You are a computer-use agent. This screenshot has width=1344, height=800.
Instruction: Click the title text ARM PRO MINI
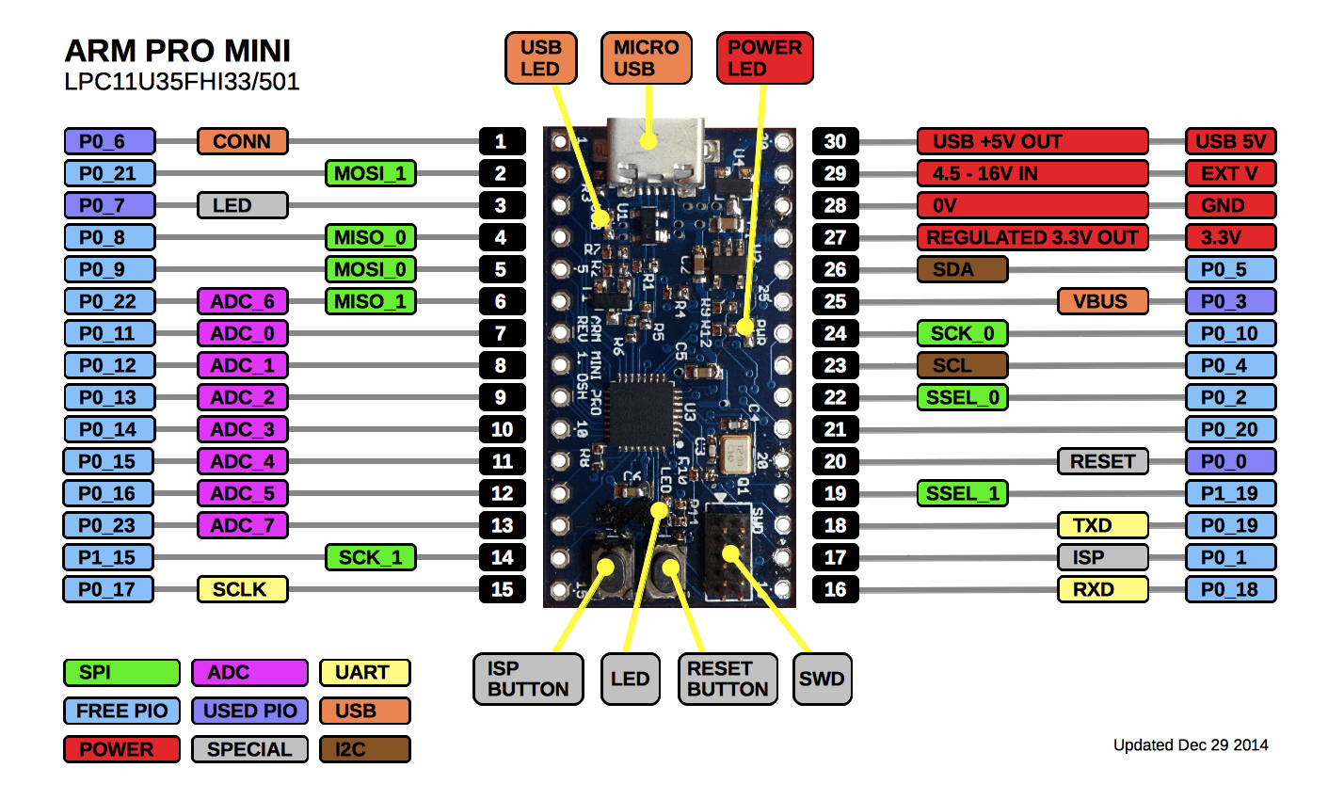pyautogui.click(x=177, y=51)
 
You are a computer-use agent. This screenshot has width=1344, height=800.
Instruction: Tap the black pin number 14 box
pyautogui.click(x=502, y=557)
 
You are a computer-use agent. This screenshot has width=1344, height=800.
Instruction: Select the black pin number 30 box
pyautogui.click(x=835, y=141)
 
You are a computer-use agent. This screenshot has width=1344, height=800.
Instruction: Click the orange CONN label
pyautogui.click(x=242, y=141)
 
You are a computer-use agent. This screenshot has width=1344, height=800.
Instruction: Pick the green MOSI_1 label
pyautogui.click(x=371, y=173)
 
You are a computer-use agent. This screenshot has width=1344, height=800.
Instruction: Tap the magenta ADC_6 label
pyautogui.click(x=242, y=301)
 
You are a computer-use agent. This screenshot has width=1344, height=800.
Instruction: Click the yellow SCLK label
pyautogui.click(x=242, y=589)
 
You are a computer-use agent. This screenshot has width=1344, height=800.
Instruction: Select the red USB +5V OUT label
pyautogui.click(x=1032, y=141)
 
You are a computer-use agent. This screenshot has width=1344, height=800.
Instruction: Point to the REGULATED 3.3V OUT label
pyautogui.click(x=1032, y=237)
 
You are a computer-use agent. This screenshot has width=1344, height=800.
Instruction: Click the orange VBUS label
pyautogui.click(x=1102, y=301)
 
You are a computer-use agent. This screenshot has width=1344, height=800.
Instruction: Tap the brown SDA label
pyautogui.click(x=961, y=269)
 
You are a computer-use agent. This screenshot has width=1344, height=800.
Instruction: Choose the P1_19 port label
pyautogui.click(x=1230, y=493)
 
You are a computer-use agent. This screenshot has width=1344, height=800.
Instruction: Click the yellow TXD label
pyautogui.click(x=1102, y=525)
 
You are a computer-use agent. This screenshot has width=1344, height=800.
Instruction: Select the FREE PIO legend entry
pyautogui.click(x=121, y=711)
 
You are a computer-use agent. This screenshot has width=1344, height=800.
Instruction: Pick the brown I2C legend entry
pyautogui.click(x=364, y=749)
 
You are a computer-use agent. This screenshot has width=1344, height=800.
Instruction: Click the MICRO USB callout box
pyautogui.click(x=646, y=58)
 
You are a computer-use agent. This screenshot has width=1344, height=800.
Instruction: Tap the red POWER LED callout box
pyautogui.click(x=764, y=58)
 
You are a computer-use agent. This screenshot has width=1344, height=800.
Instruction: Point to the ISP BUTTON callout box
pyautogui.click(x=527, y=679)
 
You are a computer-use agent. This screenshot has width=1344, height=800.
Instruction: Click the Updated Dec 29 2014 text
pyautogui.click(x=1190, y=745)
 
